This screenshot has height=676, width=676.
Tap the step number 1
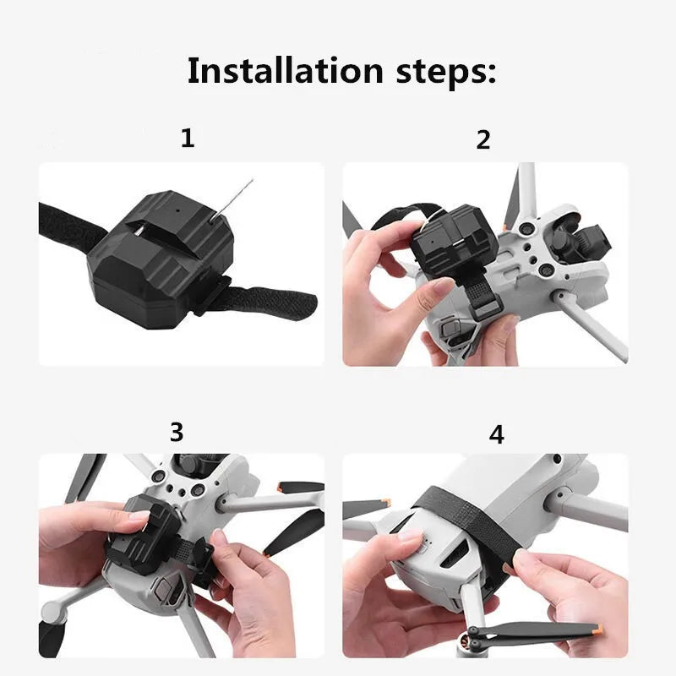tap(188, 138)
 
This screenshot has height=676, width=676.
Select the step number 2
tap(483, 140)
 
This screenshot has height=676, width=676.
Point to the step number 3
tap(176, 432)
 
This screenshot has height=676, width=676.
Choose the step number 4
tap(497, 435)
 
